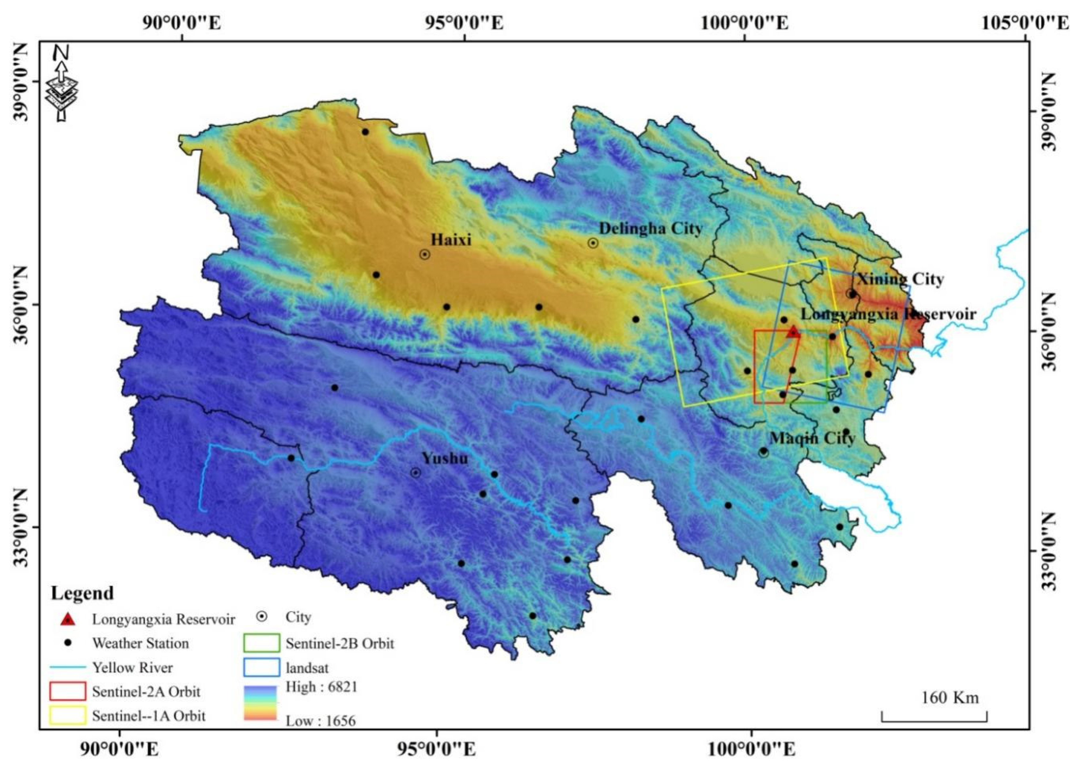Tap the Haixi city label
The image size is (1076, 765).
click(451, 240)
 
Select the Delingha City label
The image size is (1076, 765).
click(650, 229)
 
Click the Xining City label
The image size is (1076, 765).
click(900, 279)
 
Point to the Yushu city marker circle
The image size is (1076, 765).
click(415, 473)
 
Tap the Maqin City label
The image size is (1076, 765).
click(812, 438)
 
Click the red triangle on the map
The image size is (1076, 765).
click(793, 332)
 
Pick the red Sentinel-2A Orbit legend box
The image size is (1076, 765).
click(68, 691)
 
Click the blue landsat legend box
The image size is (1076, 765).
click(261, 667)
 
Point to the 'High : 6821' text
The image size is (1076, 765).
click(322, 687)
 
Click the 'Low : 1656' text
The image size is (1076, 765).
click(321, 721)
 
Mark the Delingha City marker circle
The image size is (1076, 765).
click(593, 243)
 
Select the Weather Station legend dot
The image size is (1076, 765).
click(68, 642)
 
